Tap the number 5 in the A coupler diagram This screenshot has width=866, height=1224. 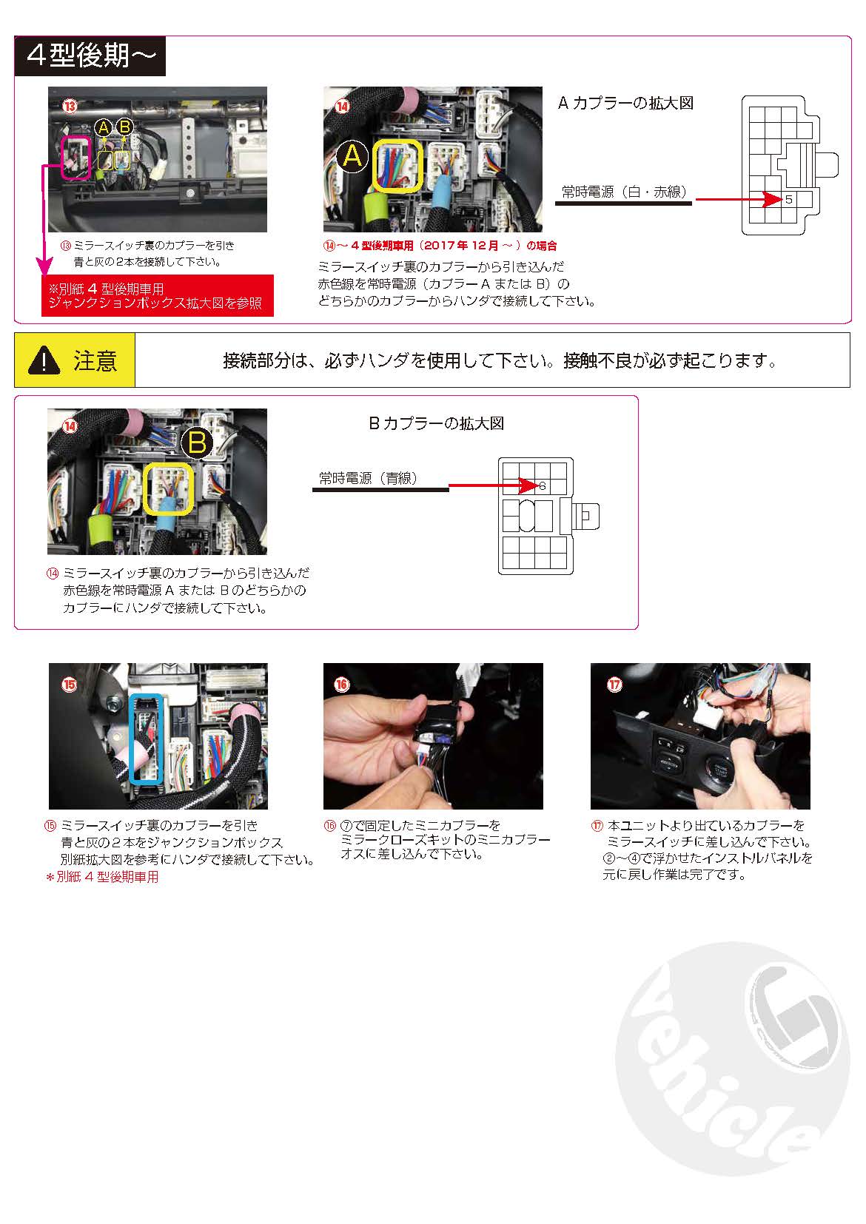pyautogui.click(x=788, y=199)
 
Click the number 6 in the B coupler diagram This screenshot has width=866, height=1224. pyautogui.click(x=542, y=485)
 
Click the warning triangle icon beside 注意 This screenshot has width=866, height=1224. pyautogui.click(x=44, y=360)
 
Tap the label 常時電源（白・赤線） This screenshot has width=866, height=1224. pyautogui.click(x=624, y=192)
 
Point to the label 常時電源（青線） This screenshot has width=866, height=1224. pyautogui.click(x=368, y=478)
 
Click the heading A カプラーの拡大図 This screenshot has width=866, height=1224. pyautogui.click(x=625, y=104)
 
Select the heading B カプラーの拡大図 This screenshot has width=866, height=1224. pyautogui.click(x=437, y=423)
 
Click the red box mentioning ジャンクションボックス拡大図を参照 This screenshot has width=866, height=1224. pyautogui.click(x=157, y=296)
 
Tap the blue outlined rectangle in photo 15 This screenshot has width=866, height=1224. pyautogui.click(x=145, y=739)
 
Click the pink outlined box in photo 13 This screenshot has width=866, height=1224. pyautogui.click(x=77, y=157)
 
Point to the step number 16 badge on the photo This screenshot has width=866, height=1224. pyautogui.click(x=342, y=685)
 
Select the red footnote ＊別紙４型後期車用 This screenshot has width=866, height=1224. pyautogui.click(x=102, y=877)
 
